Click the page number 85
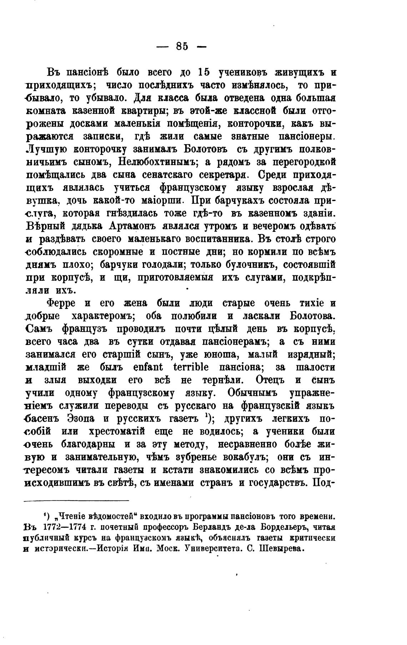click(x=182, y=46)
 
